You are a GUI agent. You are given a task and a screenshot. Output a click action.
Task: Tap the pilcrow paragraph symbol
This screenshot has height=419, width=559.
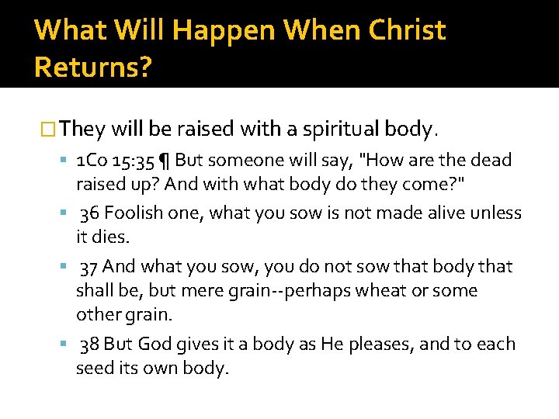(164, 161)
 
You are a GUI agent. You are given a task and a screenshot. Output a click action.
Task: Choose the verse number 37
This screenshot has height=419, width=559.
(89, 267)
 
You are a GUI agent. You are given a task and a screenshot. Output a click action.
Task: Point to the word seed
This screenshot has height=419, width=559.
(94, 369)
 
